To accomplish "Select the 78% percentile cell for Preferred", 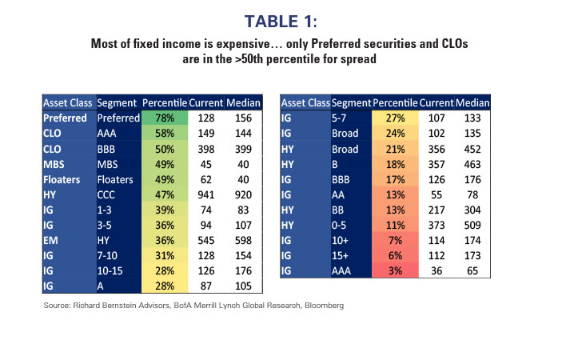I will point(164,118).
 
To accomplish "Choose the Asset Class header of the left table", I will point(68,102).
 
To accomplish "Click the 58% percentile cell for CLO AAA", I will point(164,132).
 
